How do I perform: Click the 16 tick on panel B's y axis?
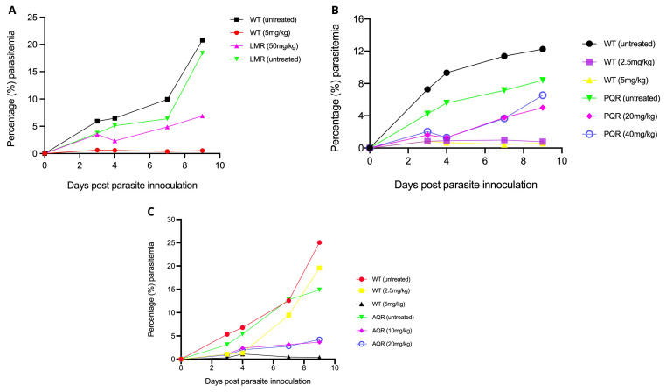pyautogui.click(x=358, y=17)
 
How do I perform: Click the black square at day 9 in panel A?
pyautogui.click(x=202, y=40)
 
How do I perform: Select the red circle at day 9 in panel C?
pyautogui.click(x=320, y=242)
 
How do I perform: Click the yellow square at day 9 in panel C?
pyautogui.click(x=320, y=268)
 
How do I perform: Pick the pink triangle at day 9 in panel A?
pyautogui.click(x=202, y=115)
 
